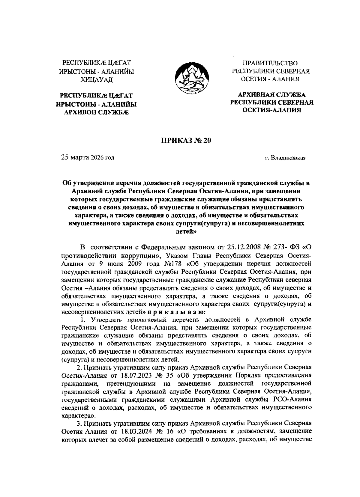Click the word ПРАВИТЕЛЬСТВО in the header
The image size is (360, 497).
(x=270, y=63)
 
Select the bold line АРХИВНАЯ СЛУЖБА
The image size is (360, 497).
(x=271, y=95)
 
